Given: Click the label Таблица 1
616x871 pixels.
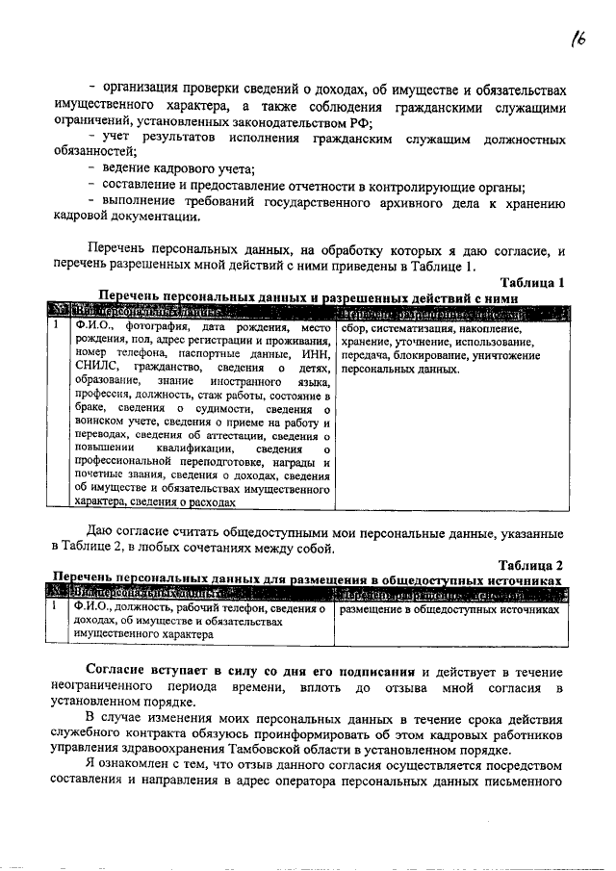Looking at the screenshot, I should tap(531, 282).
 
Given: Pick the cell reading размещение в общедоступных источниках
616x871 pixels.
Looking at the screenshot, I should tap(450, 610).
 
